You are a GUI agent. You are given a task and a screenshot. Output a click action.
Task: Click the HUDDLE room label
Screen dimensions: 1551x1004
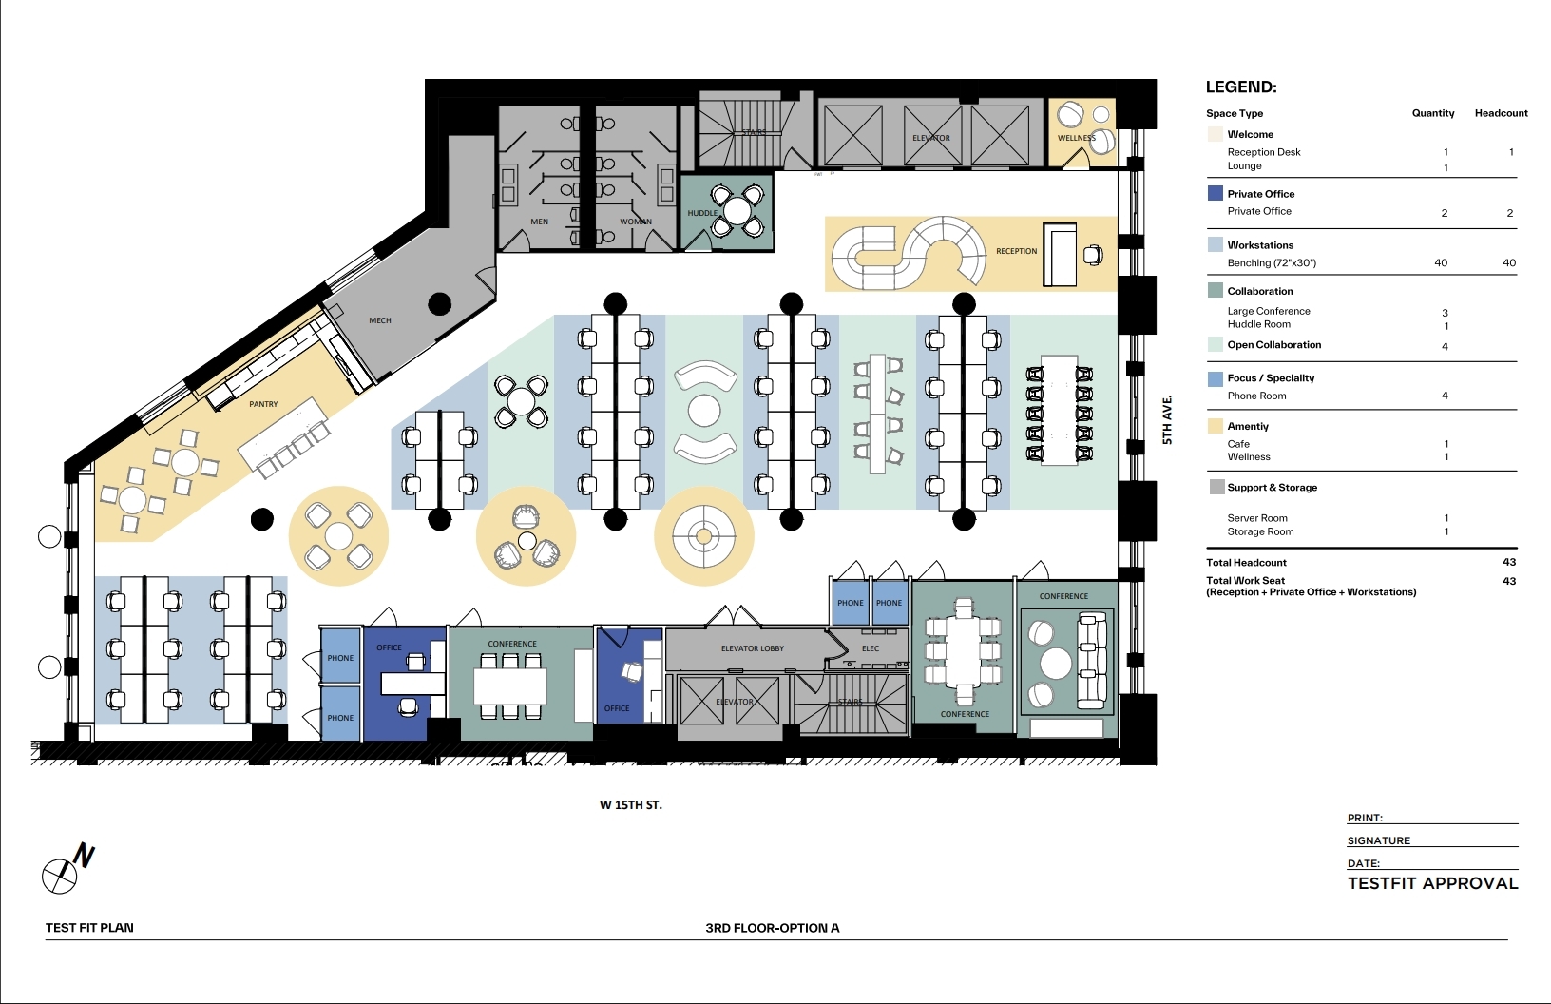[x=702, y=213]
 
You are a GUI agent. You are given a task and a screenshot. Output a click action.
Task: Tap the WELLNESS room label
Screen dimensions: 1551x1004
[x=1076, y=138]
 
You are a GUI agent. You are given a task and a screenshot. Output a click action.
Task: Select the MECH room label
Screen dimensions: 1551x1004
[x=379, y=320]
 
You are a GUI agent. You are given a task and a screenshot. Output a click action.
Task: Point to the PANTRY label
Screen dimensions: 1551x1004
[x=263, y=404]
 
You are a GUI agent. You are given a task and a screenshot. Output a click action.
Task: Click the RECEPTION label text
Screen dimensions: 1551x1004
[x=1017, y=251]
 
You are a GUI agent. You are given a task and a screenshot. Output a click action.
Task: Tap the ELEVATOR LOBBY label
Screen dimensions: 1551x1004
[x=753, y=648]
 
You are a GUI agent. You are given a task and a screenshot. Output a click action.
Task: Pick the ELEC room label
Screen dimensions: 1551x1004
[x=871, y=648]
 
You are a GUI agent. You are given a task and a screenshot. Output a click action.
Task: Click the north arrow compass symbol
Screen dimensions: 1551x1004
[x=67, y=869]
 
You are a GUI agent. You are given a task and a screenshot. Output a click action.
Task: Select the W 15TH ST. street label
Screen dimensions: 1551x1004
[x=631, y=805]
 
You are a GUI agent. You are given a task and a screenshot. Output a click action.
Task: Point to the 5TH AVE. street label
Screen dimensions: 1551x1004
[x=1167, y=420]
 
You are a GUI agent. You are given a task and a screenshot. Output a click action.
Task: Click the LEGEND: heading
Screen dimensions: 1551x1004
[x=1241, y=87]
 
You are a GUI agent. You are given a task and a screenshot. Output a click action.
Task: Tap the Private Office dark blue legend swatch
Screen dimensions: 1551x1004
[x=1215, y=193]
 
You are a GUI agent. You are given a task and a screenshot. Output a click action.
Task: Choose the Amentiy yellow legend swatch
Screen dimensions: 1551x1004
[x=1215, y=426]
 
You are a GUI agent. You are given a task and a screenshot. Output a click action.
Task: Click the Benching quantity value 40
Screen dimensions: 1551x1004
[x=1440, y=262]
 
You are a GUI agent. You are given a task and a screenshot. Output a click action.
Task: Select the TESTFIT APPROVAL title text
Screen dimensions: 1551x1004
[x=1432, y=883]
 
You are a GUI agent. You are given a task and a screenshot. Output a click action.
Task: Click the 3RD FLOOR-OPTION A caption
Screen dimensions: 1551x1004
[x=772, y=928]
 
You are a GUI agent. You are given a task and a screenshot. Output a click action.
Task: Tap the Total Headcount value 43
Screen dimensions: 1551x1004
[x=1509, y=563]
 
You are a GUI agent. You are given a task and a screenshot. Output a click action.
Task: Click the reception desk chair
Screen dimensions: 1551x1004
[x=1093, y=255]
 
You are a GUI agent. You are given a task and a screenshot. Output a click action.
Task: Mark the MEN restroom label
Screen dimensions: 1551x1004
[x=540, y=222]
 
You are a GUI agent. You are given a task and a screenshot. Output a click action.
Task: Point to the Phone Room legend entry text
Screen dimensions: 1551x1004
[x=1256, y=396]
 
